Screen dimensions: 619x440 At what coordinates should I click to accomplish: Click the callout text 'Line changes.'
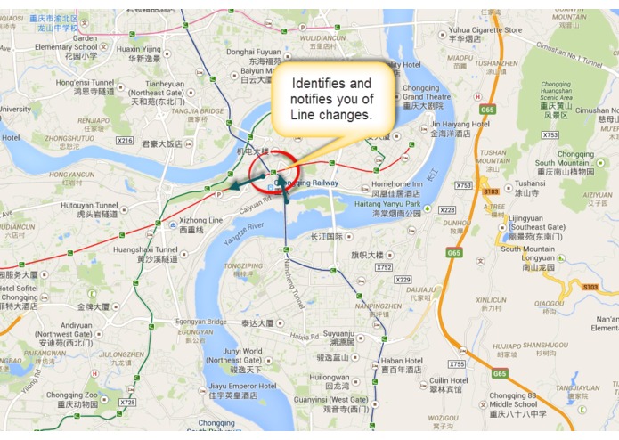pyautogui.click(x=330, y=116)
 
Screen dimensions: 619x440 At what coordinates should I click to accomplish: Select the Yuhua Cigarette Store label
pyautogui.click(x=485, y=30)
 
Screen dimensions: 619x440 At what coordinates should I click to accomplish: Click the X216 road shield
pyautogui.click(x=125, y=141)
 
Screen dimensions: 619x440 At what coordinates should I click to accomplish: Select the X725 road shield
pyautogui.click(x=127, y=403)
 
